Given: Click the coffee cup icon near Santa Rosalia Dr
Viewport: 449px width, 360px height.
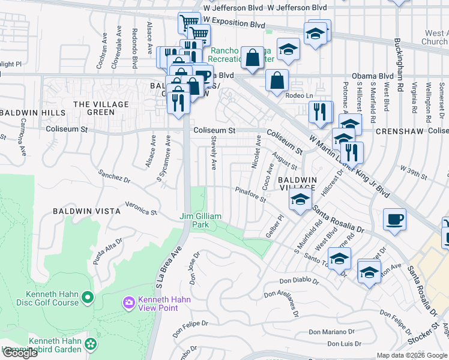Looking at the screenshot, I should point(394,220).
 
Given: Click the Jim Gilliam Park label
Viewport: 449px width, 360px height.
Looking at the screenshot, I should point(201,220).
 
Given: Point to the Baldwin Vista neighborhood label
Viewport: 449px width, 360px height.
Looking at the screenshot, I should point(86,211).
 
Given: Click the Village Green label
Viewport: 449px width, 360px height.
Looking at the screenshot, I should point(93,108).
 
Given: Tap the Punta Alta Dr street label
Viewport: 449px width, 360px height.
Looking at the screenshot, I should point(108,250).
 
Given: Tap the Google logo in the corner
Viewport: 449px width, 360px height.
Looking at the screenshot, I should point(19,353).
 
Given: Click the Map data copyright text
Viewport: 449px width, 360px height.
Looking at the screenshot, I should point(412,355).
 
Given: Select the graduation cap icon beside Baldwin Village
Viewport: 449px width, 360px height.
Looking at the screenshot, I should point(300,201).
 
